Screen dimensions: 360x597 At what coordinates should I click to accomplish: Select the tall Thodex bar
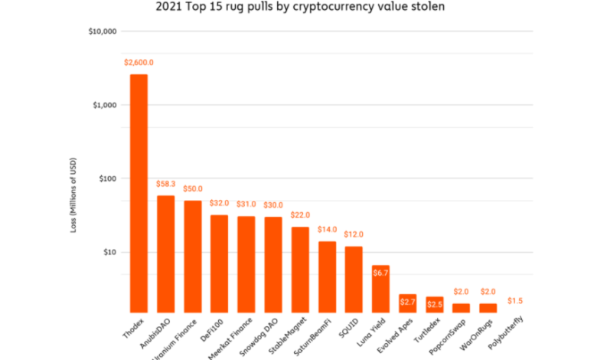[x=139, y=191]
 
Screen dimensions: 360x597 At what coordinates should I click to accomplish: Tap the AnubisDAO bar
[x=165, y=253]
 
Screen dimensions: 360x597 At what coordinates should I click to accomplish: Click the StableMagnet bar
[x=301, y=268]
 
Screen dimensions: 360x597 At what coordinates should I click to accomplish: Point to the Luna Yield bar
[x=381, y=287]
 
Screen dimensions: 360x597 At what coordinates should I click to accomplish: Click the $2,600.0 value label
[x=139, y=61]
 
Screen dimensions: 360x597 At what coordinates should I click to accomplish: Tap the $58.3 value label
[x=165, y=184]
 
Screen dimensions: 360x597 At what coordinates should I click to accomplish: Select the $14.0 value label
[x=327, y=229]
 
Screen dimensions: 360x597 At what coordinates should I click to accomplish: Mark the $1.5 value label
[x=515, y=300]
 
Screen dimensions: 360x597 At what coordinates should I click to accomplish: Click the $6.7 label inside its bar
[x=381, y=273]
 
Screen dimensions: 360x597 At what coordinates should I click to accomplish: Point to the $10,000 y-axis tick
[x=103, y=31]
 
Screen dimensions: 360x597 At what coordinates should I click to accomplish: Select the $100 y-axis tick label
[x=108, y=178]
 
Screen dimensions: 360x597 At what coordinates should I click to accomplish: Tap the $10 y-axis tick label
[x=110, y=252]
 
